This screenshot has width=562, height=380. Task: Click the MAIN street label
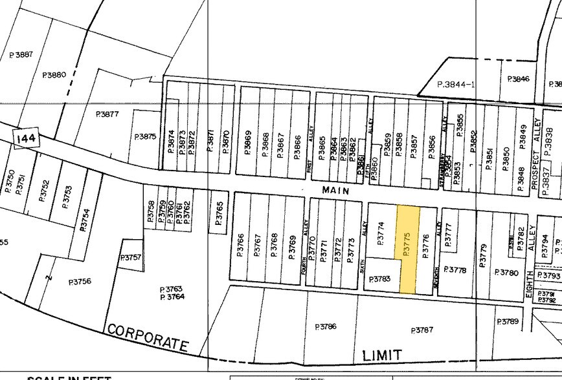(335, 191)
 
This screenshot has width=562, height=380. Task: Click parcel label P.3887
(21, 56)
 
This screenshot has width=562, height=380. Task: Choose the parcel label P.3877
(107, 114)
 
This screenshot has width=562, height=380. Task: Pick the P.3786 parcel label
(326, 327)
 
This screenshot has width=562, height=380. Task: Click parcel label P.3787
(422, 330)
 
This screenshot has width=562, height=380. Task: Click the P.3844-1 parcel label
(456, 84)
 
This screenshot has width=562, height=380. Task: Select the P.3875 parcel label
(146, 137)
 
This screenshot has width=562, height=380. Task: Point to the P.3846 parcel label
(519, 79)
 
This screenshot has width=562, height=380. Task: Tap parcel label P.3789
(508, 322)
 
